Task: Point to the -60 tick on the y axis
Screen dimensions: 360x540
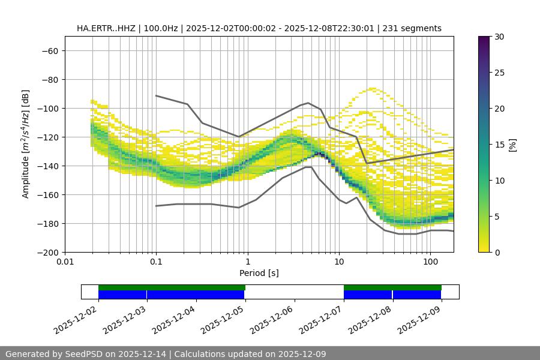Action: [49, 50]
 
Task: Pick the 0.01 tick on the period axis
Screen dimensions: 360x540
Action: [65, 262]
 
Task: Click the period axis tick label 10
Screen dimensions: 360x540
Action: [338, 262]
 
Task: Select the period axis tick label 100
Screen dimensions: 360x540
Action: [430, 262]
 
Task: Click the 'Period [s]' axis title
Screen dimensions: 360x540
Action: [259, 273]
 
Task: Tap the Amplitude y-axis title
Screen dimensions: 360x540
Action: [26, 144]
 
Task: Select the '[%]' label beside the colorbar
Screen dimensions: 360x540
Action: [513, 145]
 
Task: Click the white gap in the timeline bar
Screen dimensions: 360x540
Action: [294, 292]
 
